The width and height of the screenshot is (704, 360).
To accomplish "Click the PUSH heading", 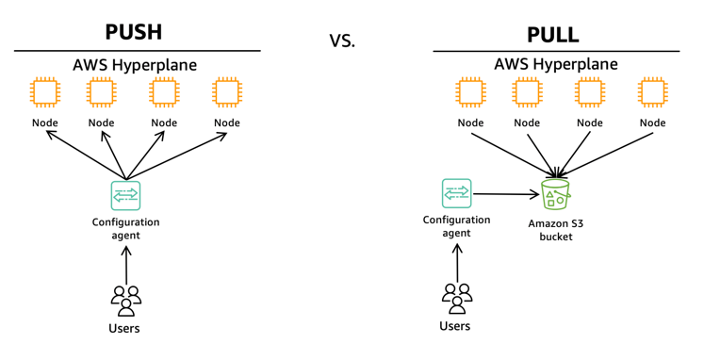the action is point(133,32).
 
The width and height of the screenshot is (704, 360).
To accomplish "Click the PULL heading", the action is point(552,35).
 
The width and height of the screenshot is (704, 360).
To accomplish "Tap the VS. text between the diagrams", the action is point(342,41).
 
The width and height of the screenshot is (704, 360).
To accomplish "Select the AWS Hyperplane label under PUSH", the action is point(135,65).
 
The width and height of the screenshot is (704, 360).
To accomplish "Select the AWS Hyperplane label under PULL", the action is point(556,64).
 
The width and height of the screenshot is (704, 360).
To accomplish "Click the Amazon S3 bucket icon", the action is point(556,193).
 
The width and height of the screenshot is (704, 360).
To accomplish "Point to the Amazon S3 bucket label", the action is point(556,230).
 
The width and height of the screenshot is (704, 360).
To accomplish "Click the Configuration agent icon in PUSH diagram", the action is point(125,196).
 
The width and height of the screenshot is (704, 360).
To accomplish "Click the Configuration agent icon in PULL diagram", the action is point(457,193).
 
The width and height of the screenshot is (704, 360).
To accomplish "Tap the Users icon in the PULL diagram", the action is point(457,299).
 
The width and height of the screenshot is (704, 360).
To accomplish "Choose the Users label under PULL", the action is point(455,326).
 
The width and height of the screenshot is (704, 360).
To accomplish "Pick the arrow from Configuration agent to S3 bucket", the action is point(506,194).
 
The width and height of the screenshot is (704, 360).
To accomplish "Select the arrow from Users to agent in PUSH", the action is point(126,265).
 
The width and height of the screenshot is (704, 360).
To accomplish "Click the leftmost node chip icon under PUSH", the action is point(45,92).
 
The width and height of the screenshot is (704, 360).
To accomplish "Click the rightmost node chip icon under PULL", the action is point(652,92).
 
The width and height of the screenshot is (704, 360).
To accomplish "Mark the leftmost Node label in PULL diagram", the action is point(470,123).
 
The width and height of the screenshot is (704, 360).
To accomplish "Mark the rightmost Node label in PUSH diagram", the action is point(227,123).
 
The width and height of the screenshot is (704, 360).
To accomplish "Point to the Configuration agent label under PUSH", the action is point(125,228).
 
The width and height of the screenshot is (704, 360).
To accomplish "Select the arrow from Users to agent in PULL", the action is point(457,263).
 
